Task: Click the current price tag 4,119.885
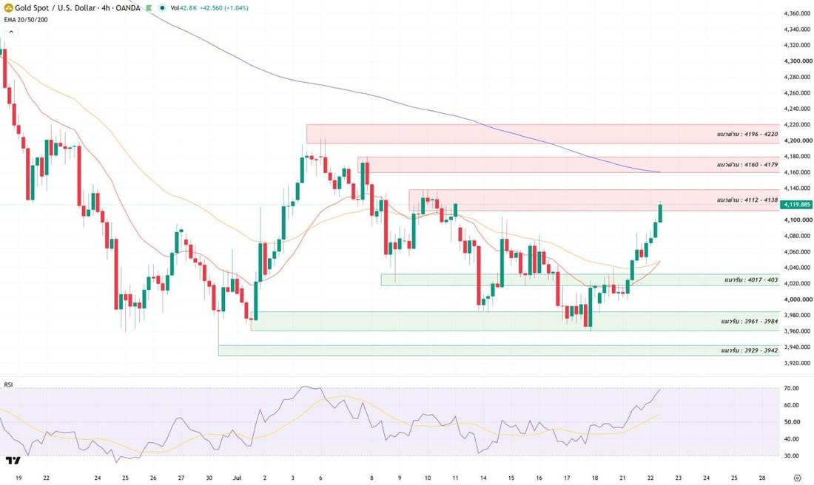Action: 798,204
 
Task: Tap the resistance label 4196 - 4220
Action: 747,135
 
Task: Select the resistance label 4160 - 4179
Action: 747,165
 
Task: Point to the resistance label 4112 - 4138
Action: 747,200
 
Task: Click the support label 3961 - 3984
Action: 749,322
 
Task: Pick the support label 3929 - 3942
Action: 749,350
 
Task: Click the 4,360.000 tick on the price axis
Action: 798,13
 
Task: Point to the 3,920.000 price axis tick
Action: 798,363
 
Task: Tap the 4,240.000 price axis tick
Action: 798,109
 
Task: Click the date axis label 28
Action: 761,478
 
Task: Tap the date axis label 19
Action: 18,478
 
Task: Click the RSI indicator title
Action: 8,385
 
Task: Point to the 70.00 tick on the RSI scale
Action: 792,389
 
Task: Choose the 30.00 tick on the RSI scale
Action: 792,456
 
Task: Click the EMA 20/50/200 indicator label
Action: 26,20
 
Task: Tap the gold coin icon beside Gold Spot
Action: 8,8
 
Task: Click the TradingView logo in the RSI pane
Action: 13,460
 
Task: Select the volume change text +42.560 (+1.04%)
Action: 223,8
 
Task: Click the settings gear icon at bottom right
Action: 798,478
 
